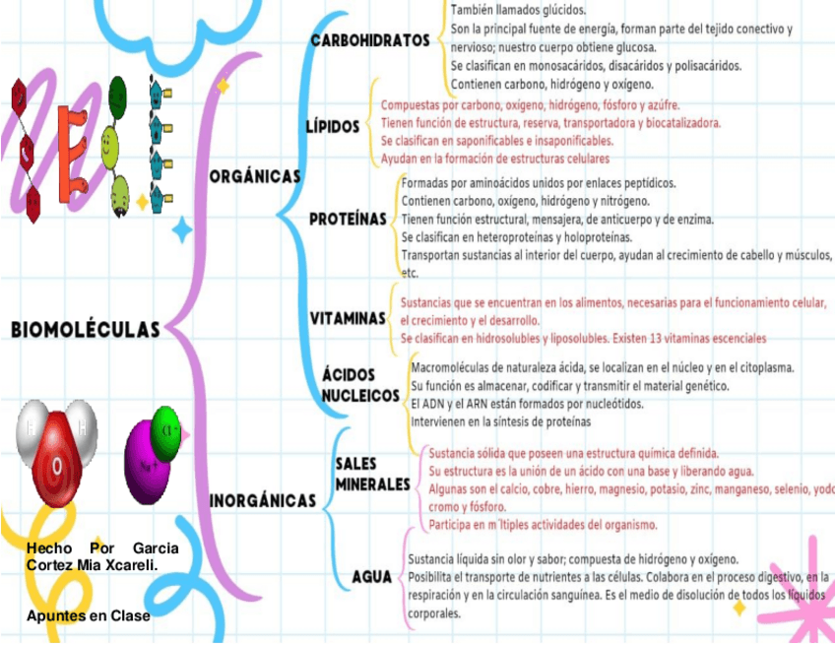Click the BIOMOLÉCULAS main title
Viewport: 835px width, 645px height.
(86, 328)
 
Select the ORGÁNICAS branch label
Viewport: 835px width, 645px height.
(255, 176)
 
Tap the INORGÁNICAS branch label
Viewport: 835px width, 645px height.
(263, 501)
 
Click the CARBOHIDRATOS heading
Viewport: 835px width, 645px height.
(370, 41)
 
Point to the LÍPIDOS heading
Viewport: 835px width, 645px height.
(333, 129)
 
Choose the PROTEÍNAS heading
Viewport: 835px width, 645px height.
(348, 219)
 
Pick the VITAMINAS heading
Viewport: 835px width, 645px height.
(348, 319)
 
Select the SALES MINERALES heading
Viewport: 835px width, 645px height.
(372, 474)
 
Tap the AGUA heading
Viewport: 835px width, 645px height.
(372, 576)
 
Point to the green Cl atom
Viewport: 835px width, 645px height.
(167, 429)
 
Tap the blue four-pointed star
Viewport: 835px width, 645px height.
(182, 231)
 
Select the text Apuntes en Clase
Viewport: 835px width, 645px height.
(89, 615)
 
